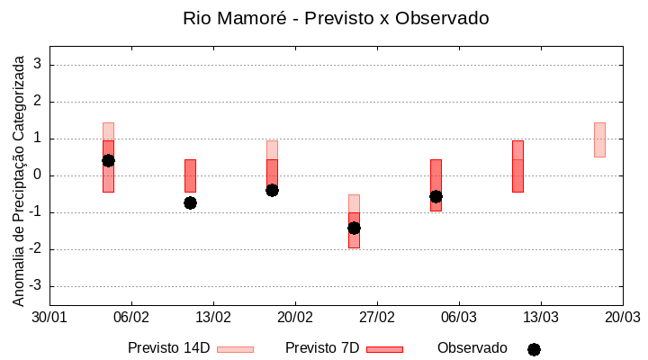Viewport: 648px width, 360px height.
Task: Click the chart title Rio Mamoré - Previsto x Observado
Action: point(336,19)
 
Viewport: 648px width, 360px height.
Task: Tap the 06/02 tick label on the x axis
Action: point(131,318)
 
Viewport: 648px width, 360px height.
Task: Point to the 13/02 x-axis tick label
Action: point(213,318)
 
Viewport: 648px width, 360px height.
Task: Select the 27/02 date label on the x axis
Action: point(377,318)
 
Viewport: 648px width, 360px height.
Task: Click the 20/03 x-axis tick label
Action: point(622,318)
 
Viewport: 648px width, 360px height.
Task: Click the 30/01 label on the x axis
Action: point(49,318)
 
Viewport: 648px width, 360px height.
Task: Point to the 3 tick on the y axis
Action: point(39,65)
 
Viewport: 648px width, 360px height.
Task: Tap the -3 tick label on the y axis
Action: point(36,286)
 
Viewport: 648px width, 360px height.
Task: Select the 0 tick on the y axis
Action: point(39,175)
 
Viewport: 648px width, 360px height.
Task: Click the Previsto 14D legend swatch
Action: point(235,349)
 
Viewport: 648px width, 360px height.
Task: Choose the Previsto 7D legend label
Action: point(321,348)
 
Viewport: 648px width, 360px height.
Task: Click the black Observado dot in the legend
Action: point(534,349)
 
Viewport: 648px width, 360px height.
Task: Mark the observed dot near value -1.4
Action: point(354,228)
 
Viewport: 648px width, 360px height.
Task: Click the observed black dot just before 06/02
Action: point(108,160)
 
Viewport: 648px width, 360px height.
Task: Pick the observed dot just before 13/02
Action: point(190,202)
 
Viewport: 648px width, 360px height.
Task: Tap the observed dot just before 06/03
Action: point(436,196)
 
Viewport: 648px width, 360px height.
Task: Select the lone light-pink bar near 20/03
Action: point(599,139)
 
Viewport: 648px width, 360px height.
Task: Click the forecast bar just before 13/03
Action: point(517,166)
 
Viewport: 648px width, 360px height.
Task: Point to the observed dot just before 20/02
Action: point(272,190)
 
